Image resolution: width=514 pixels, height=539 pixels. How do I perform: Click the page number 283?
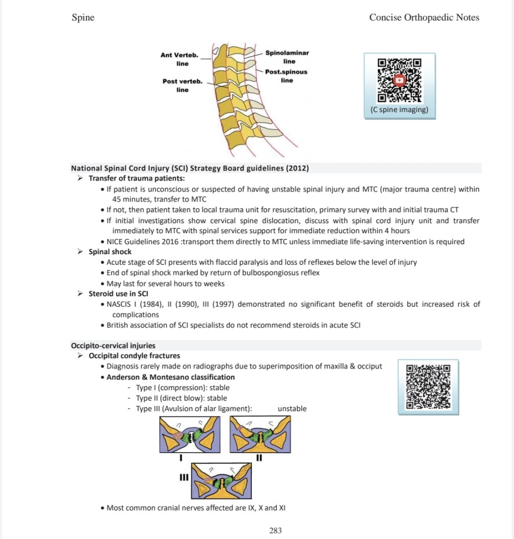275,531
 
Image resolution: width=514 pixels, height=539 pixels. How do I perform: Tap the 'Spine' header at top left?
83,17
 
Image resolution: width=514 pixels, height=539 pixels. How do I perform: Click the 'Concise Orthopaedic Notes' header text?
424,17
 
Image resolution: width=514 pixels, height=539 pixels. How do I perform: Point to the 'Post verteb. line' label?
182,85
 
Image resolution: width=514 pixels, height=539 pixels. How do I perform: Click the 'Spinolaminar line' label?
287,57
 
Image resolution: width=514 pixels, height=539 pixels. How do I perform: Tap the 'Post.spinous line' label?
286,76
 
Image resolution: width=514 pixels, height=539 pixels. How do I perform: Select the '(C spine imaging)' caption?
399,110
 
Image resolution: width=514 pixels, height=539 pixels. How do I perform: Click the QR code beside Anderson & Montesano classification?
429,387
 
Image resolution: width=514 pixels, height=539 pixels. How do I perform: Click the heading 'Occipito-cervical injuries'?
113,345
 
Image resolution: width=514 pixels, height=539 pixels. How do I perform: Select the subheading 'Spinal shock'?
110,252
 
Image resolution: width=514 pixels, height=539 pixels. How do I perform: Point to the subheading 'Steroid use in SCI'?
118,294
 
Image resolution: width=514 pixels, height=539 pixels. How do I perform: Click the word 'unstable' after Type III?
292,408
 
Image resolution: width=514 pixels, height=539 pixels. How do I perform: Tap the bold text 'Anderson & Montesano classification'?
170,377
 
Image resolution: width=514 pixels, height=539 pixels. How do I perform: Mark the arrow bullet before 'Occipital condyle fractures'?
80,356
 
